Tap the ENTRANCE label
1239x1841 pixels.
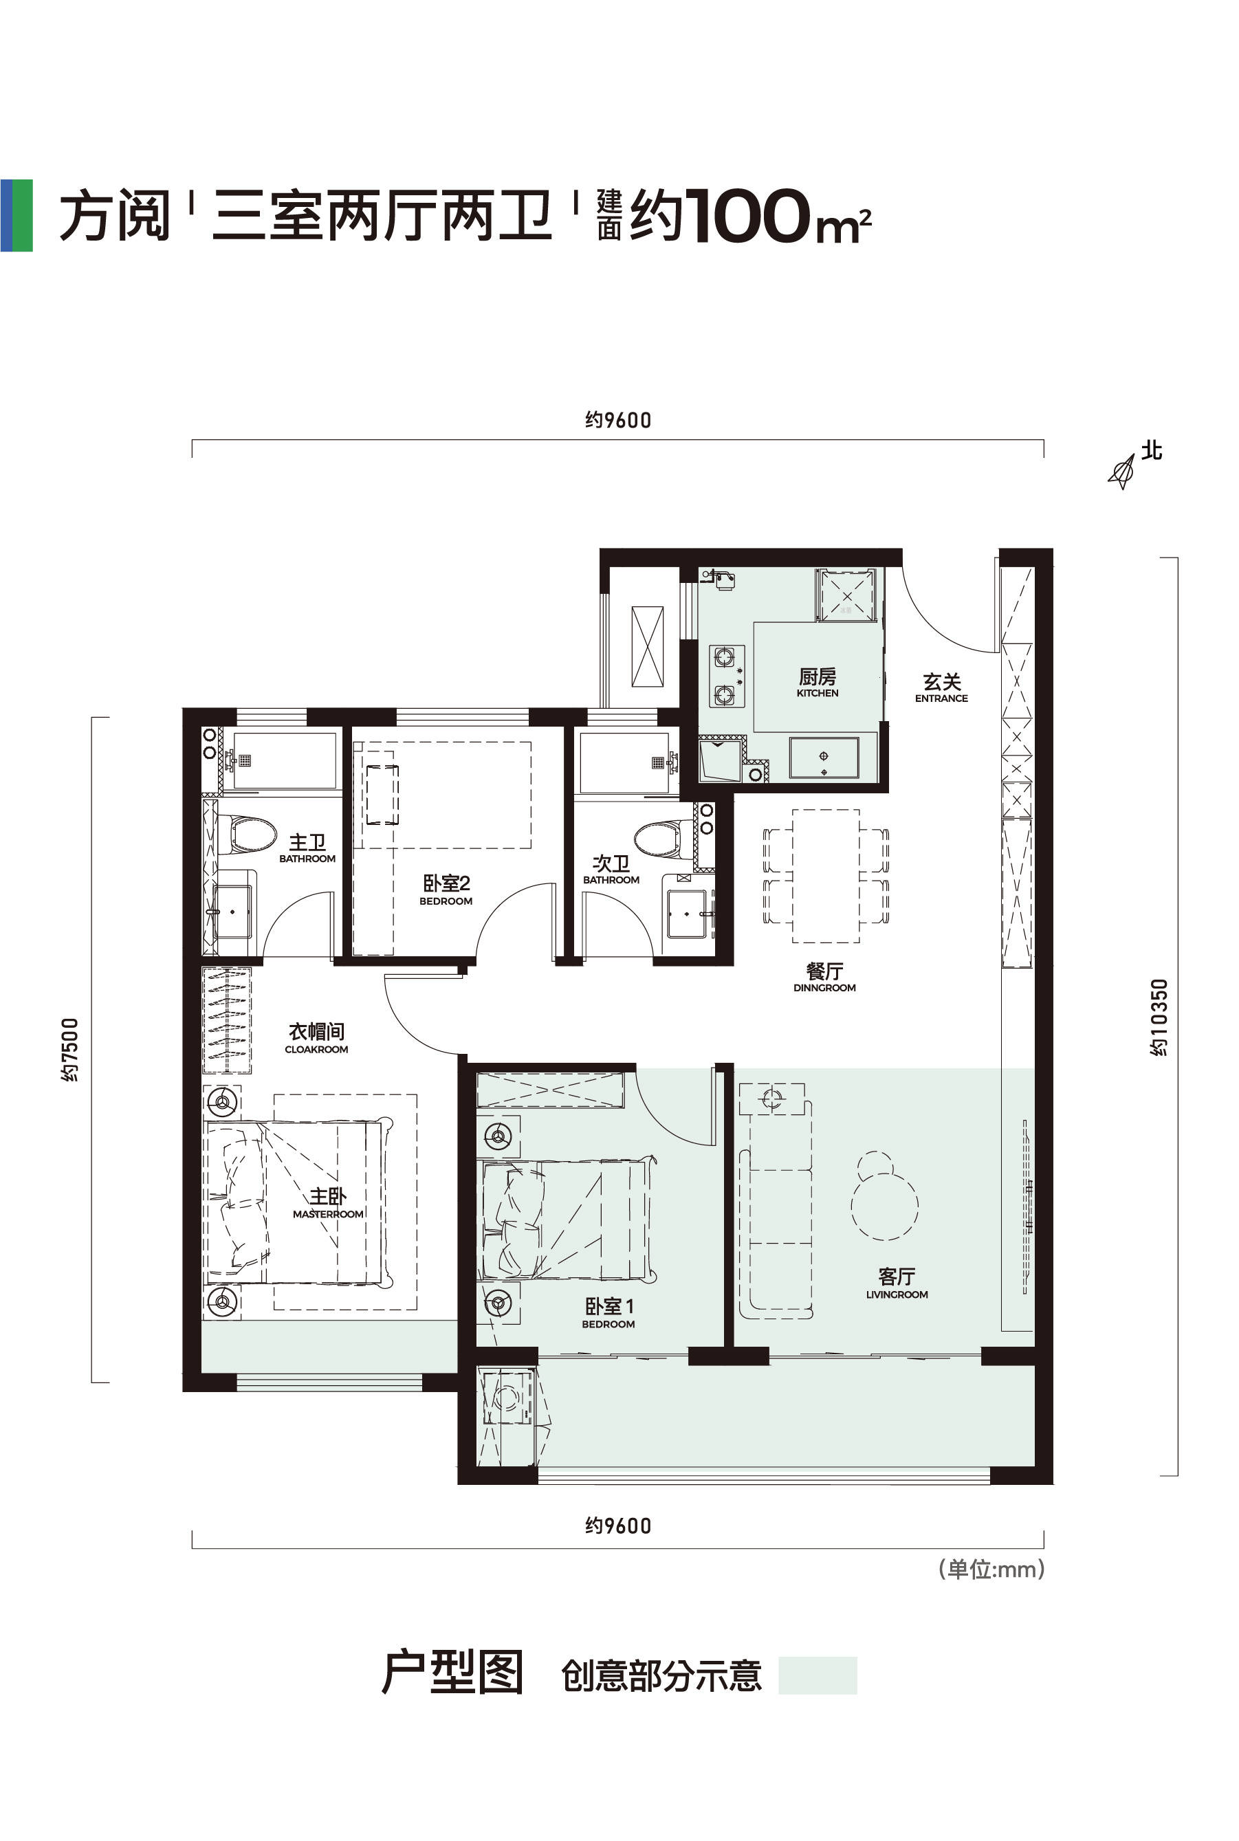point(941,698)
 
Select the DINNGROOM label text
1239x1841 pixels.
point(824,988)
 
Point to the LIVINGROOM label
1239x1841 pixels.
point(897,1294)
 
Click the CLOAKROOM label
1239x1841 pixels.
point(316,1049)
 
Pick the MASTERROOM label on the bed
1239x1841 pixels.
point(328,1213)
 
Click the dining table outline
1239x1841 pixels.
point(826,875)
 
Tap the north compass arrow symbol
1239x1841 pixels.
point(1122,472)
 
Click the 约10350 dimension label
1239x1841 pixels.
point(1159,1017)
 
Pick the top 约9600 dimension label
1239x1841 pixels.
point(618,419)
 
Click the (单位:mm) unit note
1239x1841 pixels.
point(991,1568)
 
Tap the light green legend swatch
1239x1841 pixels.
point(818,1675)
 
